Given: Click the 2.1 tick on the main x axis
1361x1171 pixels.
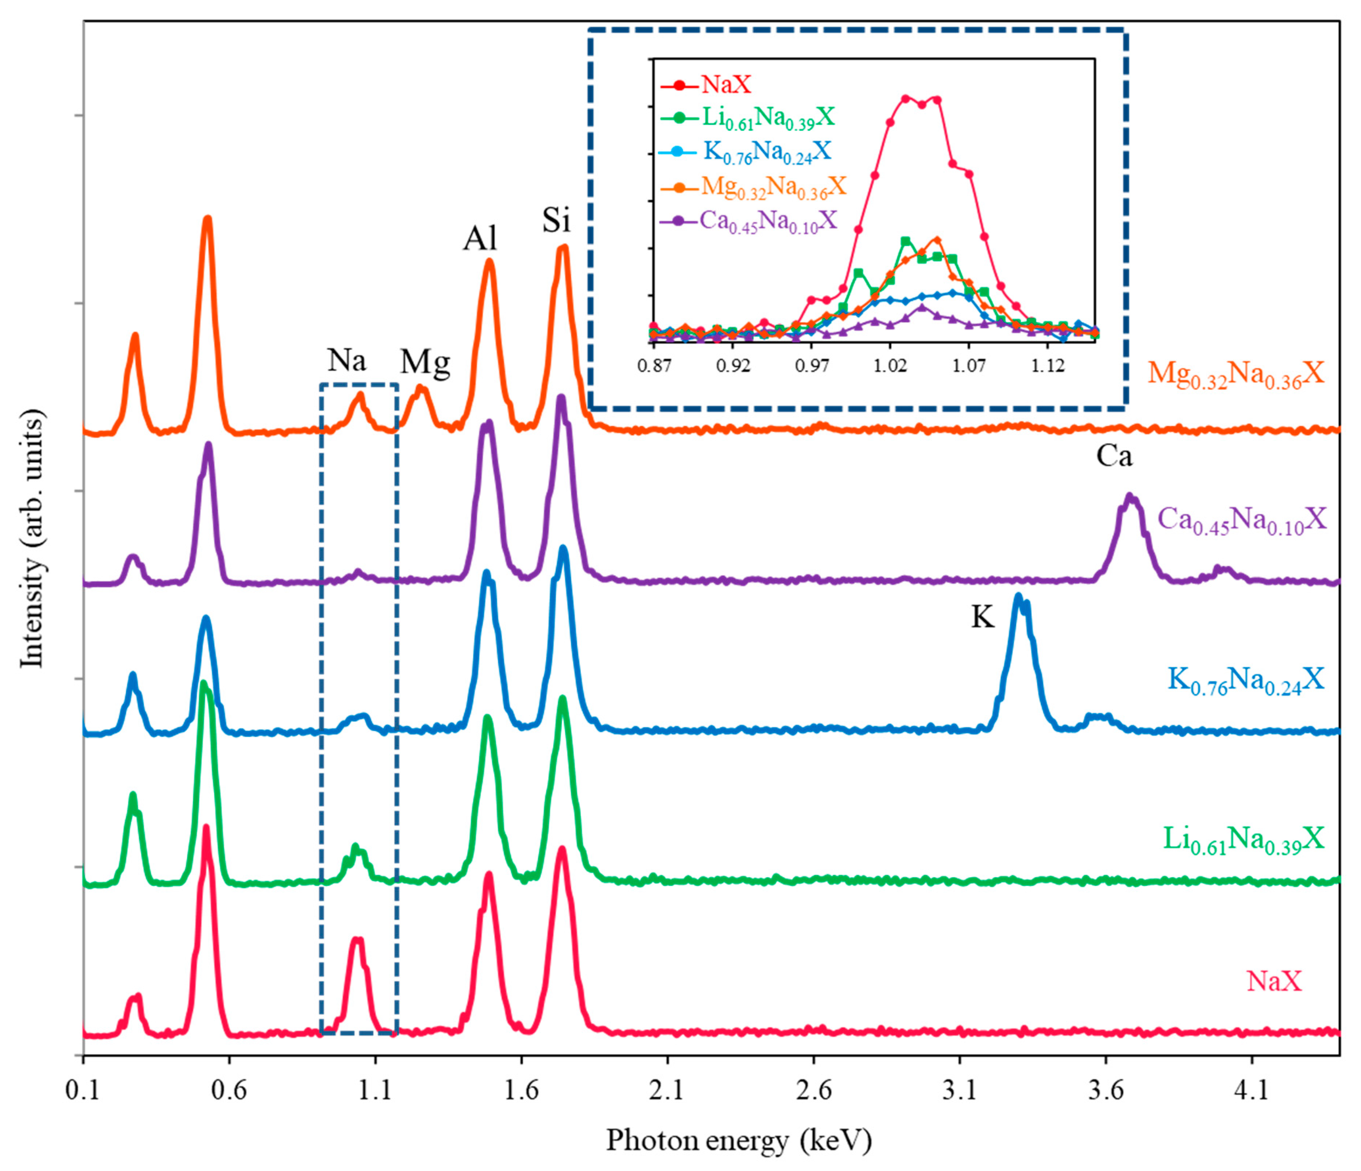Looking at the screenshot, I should [x=667, y=1091].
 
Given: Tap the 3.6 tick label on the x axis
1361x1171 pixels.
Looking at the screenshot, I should [x=1106, y=1091].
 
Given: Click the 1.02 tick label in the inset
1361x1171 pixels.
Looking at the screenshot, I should [x=890, y=365].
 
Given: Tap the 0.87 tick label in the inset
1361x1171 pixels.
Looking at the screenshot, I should [x=654, y=365].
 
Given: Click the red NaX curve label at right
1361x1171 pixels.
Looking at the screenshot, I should [x=1274, y=982].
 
